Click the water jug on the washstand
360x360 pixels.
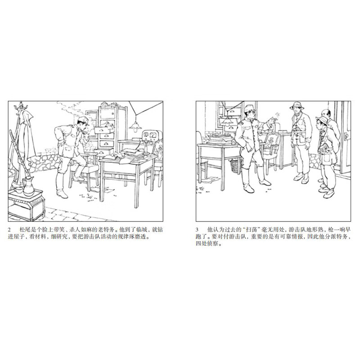click(x=28, y=185)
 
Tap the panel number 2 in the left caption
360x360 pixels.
click(x=10, y=230)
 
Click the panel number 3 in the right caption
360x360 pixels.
click(x=198, y=230)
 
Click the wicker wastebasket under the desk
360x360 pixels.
click(x=234, y=166)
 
